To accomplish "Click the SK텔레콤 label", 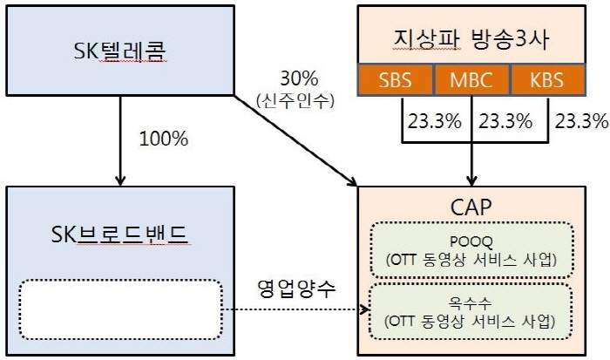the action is (120, 51).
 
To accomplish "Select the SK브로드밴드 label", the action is (120, 234).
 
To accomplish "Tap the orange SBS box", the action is (395, 80).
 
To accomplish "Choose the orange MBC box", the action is (471, 80).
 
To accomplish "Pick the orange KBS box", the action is (547, 80).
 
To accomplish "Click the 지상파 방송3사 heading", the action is (471, 39).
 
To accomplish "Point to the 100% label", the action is (164, 139).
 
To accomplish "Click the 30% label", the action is (299, 78).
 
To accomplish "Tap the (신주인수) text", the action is (295, 101).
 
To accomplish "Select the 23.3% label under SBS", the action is (435, 121).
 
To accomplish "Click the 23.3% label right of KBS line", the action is (581, 121).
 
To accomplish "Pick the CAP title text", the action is (471, 207).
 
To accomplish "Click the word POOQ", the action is (471, 241).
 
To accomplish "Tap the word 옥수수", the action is (471, 302).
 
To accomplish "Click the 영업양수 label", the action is (296, 289).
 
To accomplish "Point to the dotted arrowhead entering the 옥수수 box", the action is (364, 309).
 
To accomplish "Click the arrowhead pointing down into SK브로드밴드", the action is (120, 180).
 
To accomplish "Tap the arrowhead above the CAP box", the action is (471, 180).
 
